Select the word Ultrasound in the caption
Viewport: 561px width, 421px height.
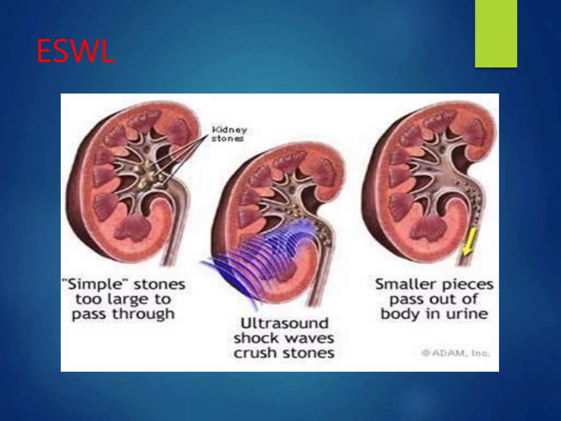[x=284, y=323]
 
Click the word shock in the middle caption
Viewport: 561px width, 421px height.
[x=256, y=338]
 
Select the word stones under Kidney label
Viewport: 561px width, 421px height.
[x=227, y=138]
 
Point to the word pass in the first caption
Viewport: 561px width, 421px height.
[x=89, y=314]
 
